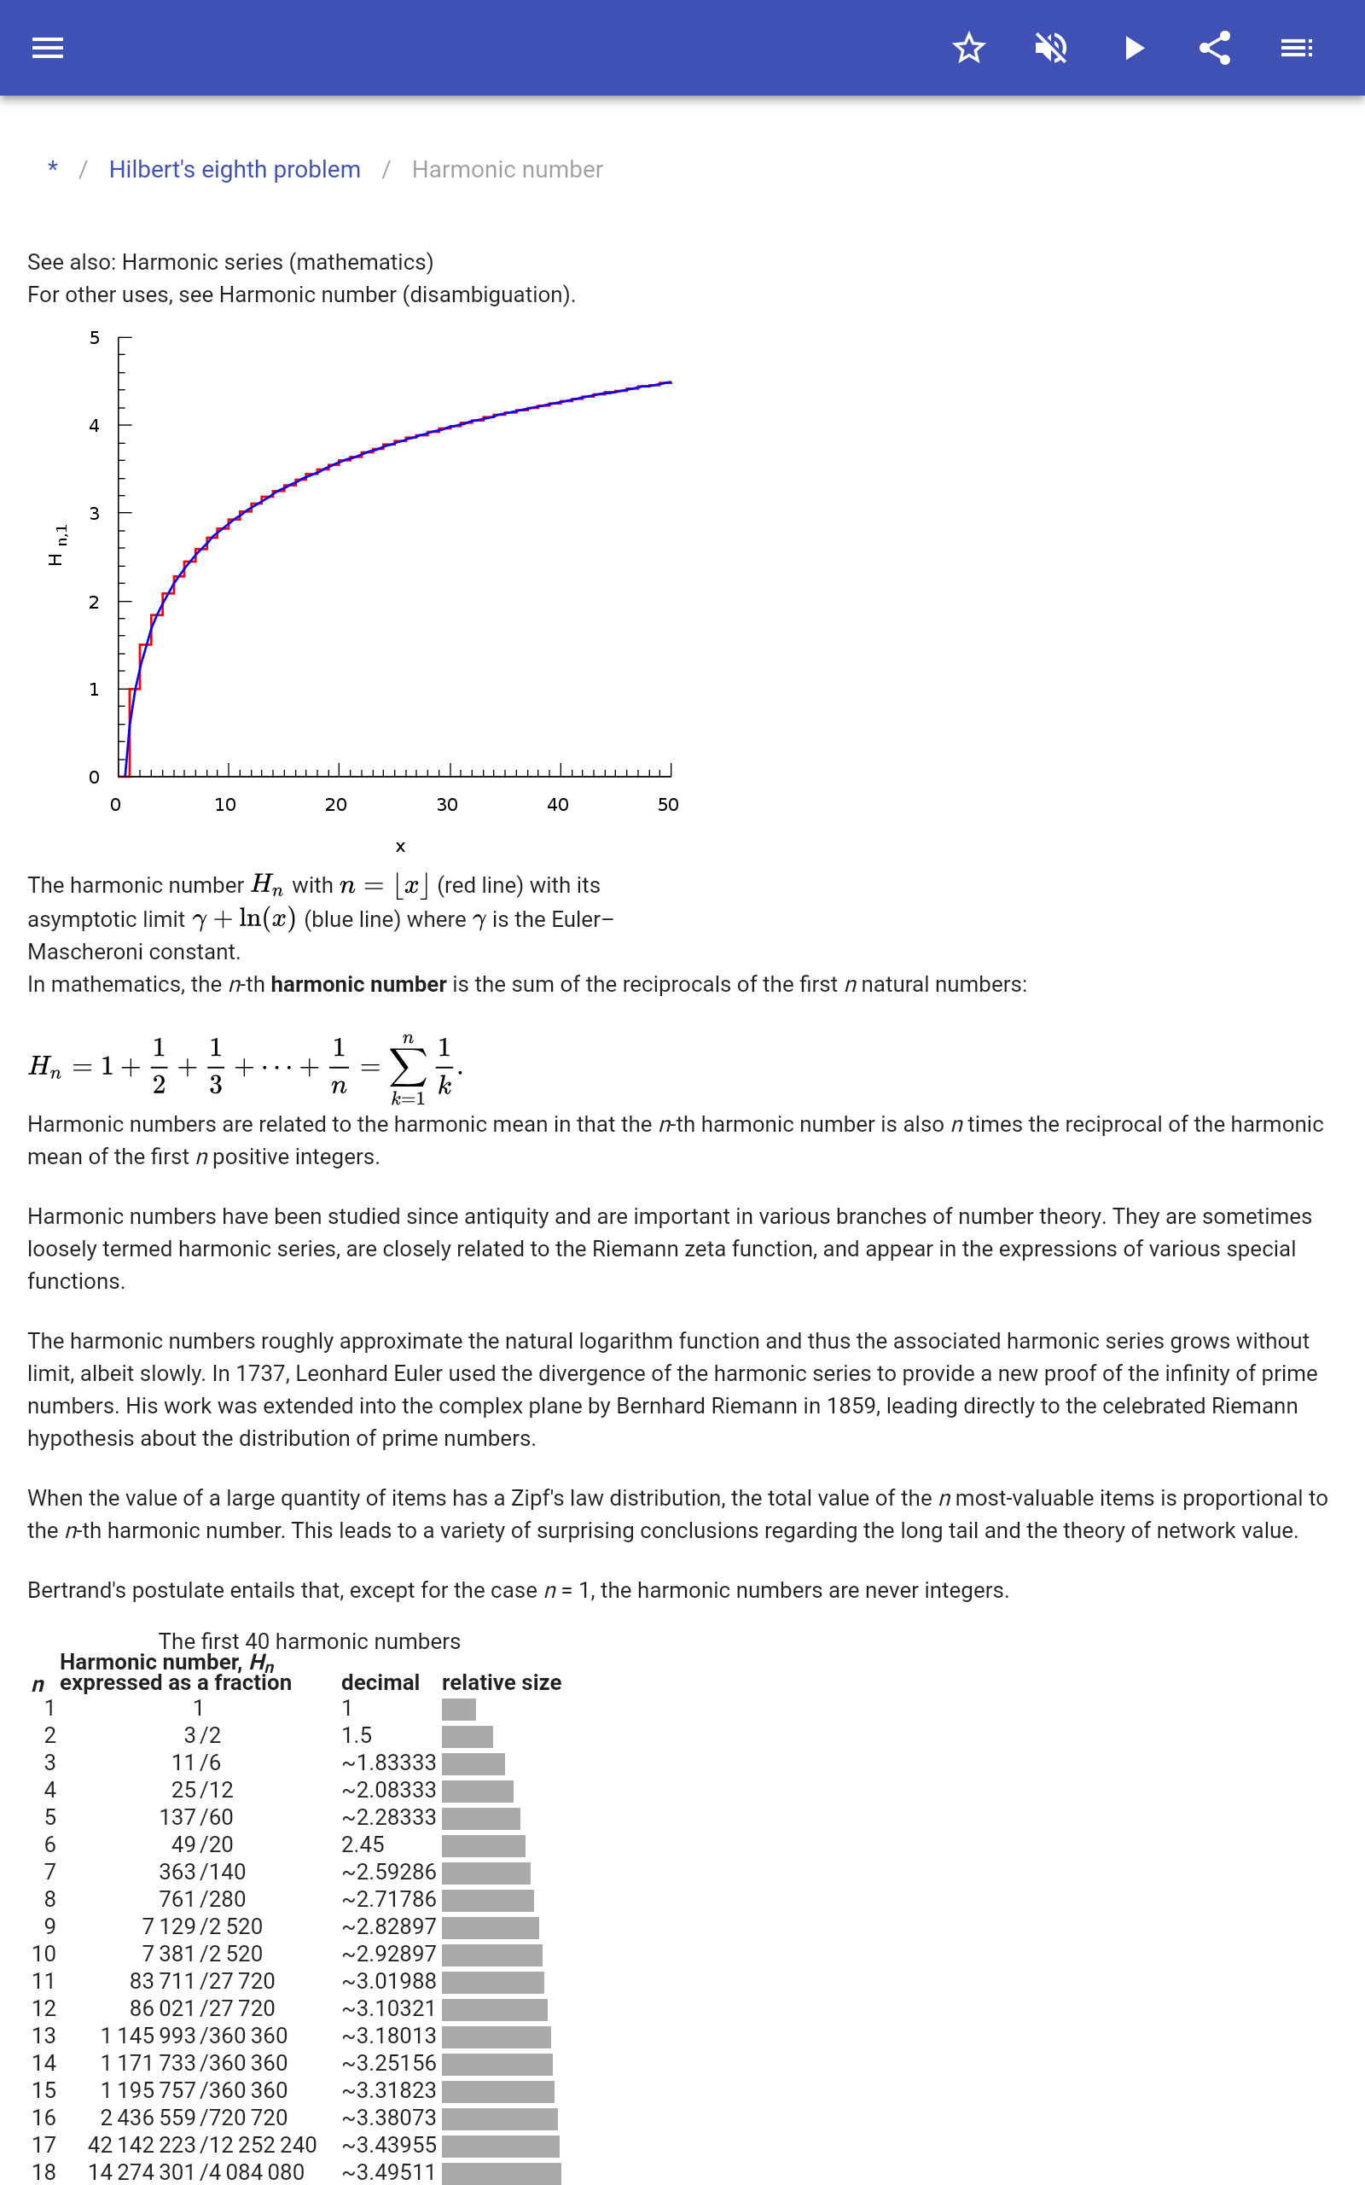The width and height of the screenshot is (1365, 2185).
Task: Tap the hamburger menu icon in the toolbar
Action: coord(48,48)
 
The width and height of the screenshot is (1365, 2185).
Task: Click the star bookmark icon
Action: coord(968,48)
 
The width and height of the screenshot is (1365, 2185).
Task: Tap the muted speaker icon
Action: coord(1051,48)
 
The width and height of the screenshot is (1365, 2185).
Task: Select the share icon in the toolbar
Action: coord(1215,48)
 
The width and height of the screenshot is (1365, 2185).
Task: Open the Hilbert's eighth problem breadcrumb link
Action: coord(235,170)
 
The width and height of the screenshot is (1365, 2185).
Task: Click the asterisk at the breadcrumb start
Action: coord(53,169)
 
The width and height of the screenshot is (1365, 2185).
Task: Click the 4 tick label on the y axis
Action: coord(94,425)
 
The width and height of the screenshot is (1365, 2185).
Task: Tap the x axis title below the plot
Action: coord(400,847)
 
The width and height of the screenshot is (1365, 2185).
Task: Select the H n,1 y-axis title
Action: coord(57,545)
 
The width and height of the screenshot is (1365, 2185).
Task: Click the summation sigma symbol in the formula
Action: coord(407,1068)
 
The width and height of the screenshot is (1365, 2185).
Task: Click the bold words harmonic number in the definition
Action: coord(358,984)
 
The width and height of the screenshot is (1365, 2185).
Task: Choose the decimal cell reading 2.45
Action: coord(363,1844)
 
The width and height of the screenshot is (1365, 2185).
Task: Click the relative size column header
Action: coord(501,1682)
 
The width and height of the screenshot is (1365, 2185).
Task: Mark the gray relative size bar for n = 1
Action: coord(459,1708)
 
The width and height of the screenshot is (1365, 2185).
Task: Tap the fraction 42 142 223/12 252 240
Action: coord(202,2144)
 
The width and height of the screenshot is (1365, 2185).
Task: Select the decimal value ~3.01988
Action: coord(389,1980)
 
